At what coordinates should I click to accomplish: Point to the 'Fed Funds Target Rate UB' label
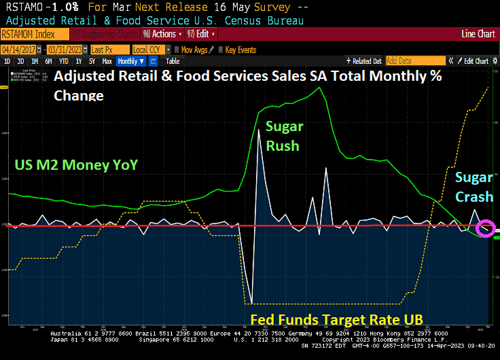pos(337,319)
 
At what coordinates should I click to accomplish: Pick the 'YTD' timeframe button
pos(63,61)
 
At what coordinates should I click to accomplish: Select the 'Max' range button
pos(107,61)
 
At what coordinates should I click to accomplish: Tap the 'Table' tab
pos(173,61)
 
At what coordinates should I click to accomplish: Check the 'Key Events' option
pos(240,50)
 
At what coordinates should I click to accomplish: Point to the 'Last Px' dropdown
pos(107,50)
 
